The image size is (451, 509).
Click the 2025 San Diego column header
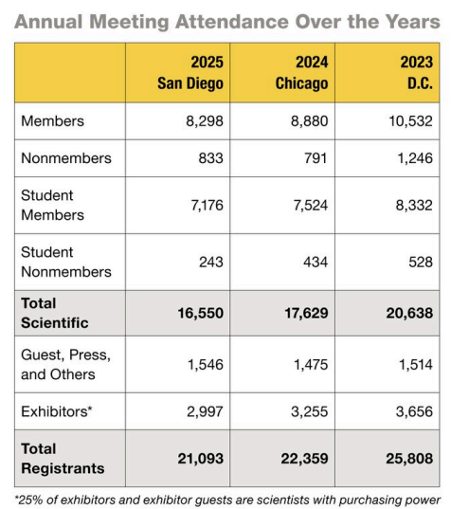[x=190, y=73]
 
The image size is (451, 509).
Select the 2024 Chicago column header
[x=301, y=73]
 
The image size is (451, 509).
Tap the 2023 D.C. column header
[x=417, y=73]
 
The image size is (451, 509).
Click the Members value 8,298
[x=205, y=121]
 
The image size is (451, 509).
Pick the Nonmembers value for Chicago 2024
[x=316, y=158]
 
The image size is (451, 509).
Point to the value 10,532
[x=411, y=121]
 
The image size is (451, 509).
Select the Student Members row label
[x=52, y=205]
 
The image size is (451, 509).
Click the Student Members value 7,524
[x=311, y=205]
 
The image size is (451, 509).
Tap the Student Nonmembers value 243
[x=211, y=262]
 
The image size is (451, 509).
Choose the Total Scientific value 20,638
[x=409, y=313]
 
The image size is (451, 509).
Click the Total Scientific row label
[x=55, y=313]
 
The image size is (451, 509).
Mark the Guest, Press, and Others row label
[x=66, y=365]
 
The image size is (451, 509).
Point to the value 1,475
[x=311, y=365]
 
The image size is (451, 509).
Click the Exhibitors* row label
[x=57, y=411]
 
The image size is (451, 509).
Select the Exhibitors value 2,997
[x=205, y=411]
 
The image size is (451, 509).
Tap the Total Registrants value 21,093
[x=201, y=459]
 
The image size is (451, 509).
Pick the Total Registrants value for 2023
[x=409, y=459]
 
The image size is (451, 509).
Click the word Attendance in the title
[x=232, y=22]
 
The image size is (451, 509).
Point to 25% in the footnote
[x=30, y=500]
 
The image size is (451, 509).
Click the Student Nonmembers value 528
[x=421, y=262]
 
